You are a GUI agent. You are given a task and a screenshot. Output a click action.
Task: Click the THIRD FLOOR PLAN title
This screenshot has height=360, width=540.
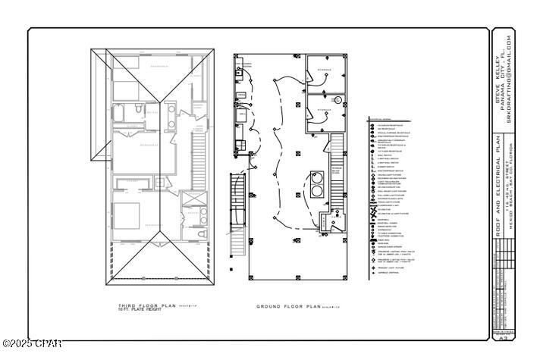pos(136,305)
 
